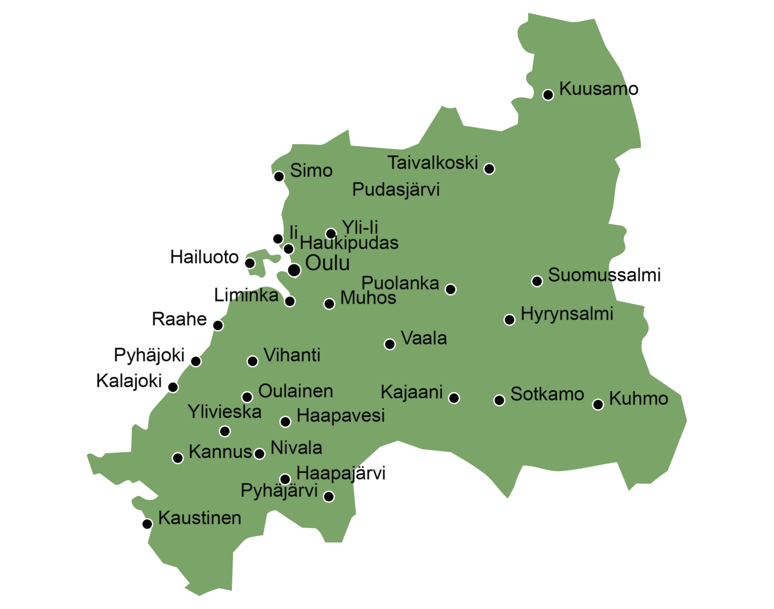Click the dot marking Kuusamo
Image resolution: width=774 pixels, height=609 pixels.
click(548, 95)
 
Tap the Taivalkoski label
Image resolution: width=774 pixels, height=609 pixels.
click(433, 163)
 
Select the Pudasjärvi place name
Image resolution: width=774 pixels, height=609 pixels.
click(396, 190)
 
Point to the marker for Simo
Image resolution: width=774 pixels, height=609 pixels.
click(278, 177)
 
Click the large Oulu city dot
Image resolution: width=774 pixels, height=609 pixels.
click(294, 270)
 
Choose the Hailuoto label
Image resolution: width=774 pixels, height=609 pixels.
click(204, 257)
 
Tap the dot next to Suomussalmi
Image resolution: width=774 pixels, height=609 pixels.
click(537, 281)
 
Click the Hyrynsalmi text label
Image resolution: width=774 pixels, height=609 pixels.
click(567, 314)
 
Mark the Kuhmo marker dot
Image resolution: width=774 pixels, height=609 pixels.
click(598, 404)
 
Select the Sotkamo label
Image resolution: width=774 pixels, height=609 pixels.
click(547, 394)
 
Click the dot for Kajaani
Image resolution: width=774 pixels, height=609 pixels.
click(454, 398)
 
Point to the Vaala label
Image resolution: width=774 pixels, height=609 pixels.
click(424, 339)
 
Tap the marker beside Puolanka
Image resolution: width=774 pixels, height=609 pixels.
click(450, 289)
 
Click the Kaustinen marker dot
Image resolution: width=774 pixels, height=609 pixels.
click(147, 524)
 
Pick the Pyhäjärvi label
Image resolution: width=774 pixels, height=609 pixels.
click(279, 491)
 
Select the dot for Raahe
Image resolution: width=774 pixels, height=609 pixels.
click(218, 325)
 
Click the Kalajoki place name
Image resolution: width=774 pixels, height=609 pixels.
click(129, 381)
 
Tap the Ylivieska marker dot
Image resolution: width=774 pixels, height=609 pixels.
click(225, 431)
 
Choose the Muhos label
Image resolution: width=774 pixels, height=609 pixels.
click(368, 298)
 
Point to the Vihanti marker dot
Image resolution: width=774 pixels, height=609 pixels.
click(253, 361)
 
